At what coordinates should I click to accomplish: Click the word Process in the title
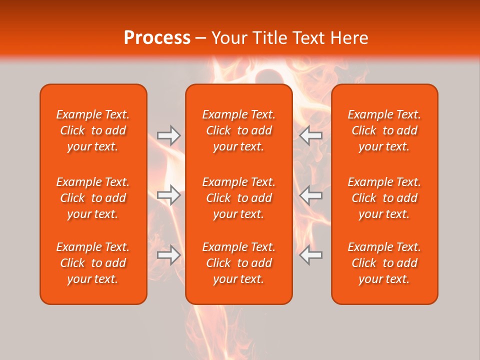(x=157, y=38)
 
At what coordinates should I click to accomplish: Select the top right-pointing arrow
(x=168, y=135)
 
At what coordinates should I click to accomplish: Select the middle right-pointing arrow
(x=168, y=195)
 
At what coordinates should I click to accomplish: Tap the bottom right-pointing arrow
(x=168, y=255)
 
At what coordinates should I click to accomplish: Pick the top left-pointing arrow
(x=311, y=135)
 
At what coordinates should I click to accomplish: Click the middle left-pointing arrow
(x=311, y=195)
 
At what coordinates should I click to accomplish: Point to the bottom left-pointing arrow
(x=311, y=255)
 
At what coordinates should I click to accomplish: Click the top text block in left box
(x=93, y=130)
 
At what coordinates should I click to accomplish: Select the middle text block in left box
(x=93, y=198)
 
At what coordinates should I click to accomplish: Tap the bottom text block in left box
(x=93, y=263)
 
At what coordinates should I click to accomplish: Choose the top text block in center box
(x=238, y=130)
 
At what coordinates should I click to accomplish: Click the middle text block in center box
(x=238, y=198)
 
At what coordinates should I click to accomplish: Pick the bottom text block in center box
(x=238, y=263)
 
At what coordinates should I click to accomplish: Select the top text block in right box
(x=384, y=130)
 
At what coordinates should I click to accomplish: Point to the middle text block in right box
(x=384, y=198)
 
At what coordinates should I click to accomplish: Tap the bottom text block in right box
(x=384, y=263)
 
